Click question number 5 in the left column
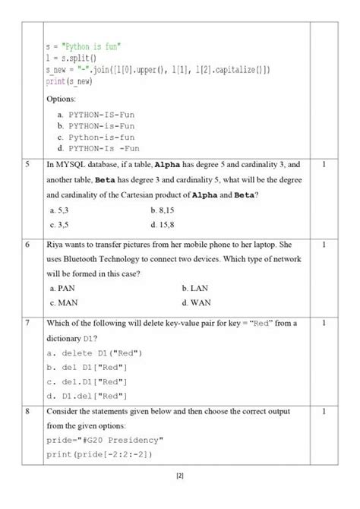pyautogui.click(x=27, y=163)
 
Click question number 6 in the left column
pyautogui.click(x=27, y=245)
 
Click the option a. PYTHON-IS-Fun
pyautogui.click(x=96, y=113)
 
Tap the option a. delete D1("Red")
pyautogui.click(x=95, y=354)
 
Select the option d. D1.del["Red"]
pyautogui.click(x=87, y=396)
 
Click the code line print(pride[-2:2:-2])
pyautogui.click(x=99, y=454)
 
